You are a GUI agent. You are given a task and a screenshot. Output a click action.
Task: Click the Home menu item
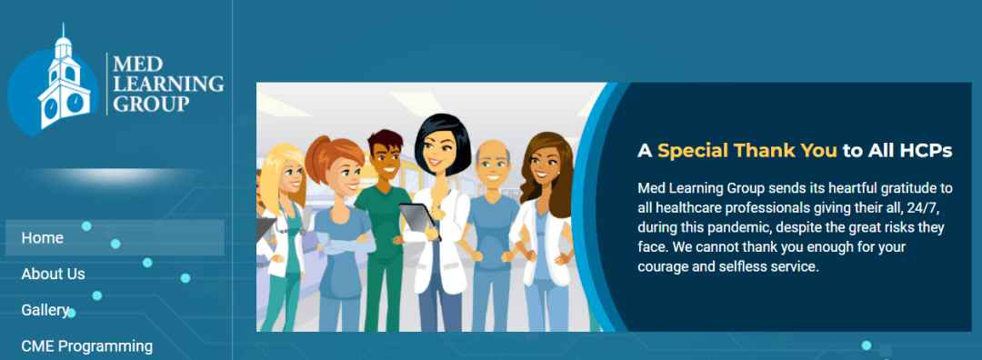42,238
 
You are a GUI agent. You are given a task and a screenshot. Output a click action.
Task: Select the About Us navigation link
54,274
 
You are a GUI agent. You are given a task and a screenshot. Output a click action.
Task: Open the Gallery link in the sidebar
45,310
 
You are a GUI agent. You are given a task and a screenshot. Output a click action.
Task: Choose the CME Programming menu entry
87,345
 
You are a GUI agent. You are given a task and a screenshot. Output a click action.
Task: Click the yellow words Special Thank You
747,151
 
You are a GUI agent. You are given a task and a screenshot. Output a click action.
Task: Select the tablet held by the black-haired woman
419,220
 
